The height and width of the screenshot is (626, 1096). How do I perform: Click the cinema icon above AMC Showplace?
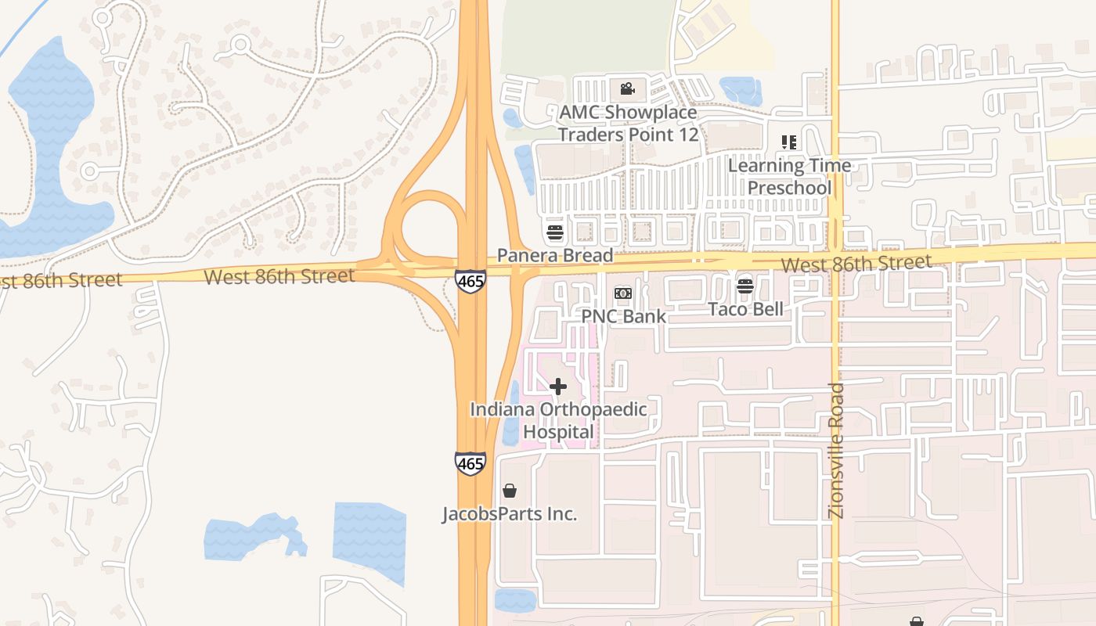(626, 88)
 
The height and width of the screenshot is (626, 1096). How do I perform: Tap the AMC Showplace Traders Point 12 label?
(627, 124)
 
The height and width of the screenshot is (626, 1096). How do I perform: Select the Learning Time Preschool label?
(789, 177)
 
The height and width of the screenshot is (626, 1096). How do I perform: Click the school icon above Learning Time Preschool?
(788, 142)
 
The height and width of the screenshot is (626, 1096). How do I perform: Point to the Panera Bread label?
(555, 256)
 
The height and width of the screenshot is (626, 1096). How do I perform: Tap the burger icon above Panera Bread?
(555, 232)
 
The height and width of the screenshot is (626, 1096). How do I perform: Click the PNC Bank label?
(623, 316)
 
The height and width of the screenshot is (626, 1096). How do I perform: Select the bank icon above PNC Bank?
(623, 293)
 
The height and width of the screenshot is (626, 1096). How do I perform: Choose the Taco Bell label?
(745, 309)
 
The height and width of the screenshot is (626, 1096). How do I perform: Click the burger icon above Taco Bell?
(745, 286)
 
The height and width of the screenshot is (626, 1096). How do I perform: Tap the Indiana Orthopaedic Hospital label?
(558, 420)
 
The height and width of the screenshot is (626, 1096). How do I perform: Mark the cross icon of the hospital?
(558, 387)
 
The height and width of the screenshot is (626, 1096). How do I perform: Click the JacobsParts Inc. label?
(510, 514)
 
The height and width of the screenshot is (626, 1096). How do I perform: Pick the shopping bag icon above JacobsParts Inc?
(510, 491)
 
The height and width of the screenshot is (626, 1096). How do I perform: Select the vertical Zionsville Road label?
(836, 450)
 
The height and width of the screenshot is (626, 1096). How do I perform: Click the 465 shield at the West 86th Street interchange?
(470, 281)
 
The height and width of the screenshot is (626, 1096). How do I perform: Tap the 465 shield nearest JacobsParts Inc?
(470, 462)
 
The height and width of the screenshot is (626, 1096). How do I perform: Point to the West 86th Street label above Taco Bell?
(856, 263)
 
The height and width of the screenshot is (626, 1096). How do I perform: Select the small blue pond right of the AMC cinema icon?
(740, 89)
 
